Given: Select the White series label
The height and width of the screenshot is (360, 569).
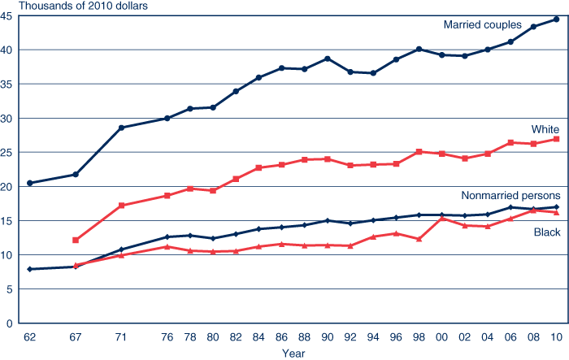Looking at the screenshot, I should click(x=545, y=129).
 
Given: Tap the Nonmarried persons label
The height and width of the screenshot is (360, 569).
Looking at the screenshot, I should click(x=510, y=195).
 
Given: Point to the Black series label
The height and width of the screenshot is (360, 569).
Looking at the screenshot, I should click(x=546, y=233).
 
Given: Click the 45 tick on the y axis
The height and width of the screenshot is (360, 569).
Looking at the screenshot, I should click(x=7, y=16).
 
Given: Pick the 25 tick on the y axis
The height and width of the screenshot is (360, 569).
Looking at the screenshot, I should click(x=7, y=153).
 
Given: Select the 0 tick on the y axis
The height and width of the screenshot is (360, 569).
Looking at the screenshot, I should click(x=9, y=323).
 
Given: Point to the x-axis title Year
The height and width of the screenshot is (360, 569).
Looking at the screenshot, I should click(x=293, y=353).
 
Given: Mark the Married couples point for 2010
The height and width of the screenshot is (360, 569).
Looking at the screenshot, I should click(x=556, y=19).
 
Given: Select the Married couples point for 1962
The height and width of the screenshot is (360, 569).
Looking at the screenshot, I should click(x=30, y=183).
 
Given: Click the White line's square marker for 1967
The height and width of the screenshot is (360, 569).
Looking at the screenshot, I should click(x=76, y=240).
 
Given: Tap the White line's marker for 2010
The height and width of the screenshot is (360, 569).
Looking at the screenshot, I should click(x=556, y=139).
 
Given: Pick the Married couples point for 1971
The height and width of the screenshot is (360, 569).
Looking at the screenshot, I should click(x=121, y=128).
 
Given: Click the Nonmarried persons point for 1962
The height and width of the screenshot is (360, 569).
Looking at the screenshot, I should click(x=30, y=269).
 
